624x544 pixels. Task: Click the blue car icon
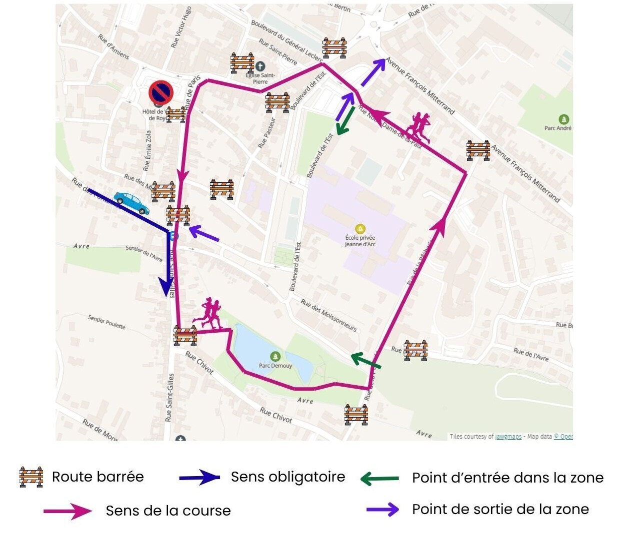pos(131,203)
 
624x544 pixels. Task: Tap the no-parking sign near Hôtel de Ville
pos(161,92)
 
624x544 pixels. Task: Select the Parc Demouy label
pos(275,365)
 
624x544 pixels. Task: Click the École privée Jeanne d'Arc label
pos(360,241)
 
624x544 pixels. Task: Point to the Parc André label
pos(558,128)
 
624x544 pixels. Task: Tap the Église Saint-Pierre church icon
pos(260,66)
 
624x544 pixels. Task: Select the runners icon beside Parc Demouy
pos(208,313)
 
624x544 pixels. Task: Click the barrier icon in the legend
pos(31,477)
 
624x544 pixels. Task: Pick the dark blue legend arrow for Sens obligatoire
pos(199,478)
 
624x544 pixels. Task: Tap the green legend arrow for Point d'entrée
pos(379,479)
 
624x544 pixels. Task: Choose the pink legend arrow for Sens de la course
pos(68,511)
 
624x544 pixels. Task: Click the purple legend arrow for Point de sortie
pos(382,510)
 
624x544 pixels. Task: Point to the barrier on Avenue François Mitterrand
pos(478,150)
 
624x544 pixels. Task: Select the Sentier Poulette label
pos(106,322)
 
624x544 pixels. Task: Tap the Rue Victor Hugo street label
pos(181,27)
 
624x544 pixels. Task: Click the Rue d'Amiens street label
pos(113,46)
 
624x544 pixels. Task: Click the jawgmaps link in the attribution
pos(508,437)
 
